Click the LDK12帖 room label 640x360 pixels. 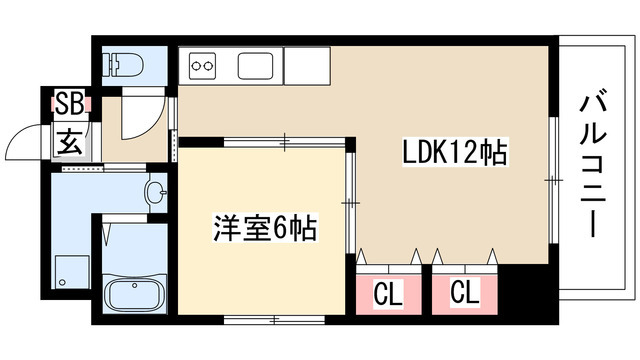[x=456, y=154]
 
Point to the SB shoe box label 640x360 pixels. [x=69, y=102]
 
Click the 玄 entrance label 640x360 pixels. [x=69, y=141]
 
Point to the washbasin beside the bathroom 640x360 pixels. [x=156, y=191]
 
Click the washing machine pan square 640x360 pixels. [x=71, y=271]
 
